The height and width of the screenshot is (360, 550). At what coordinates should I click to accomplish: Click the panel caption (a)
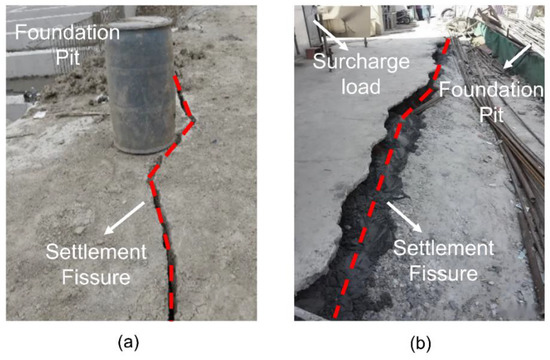127,341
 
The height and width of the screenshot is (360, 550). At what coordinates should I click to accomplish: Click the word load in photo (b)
369,86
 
